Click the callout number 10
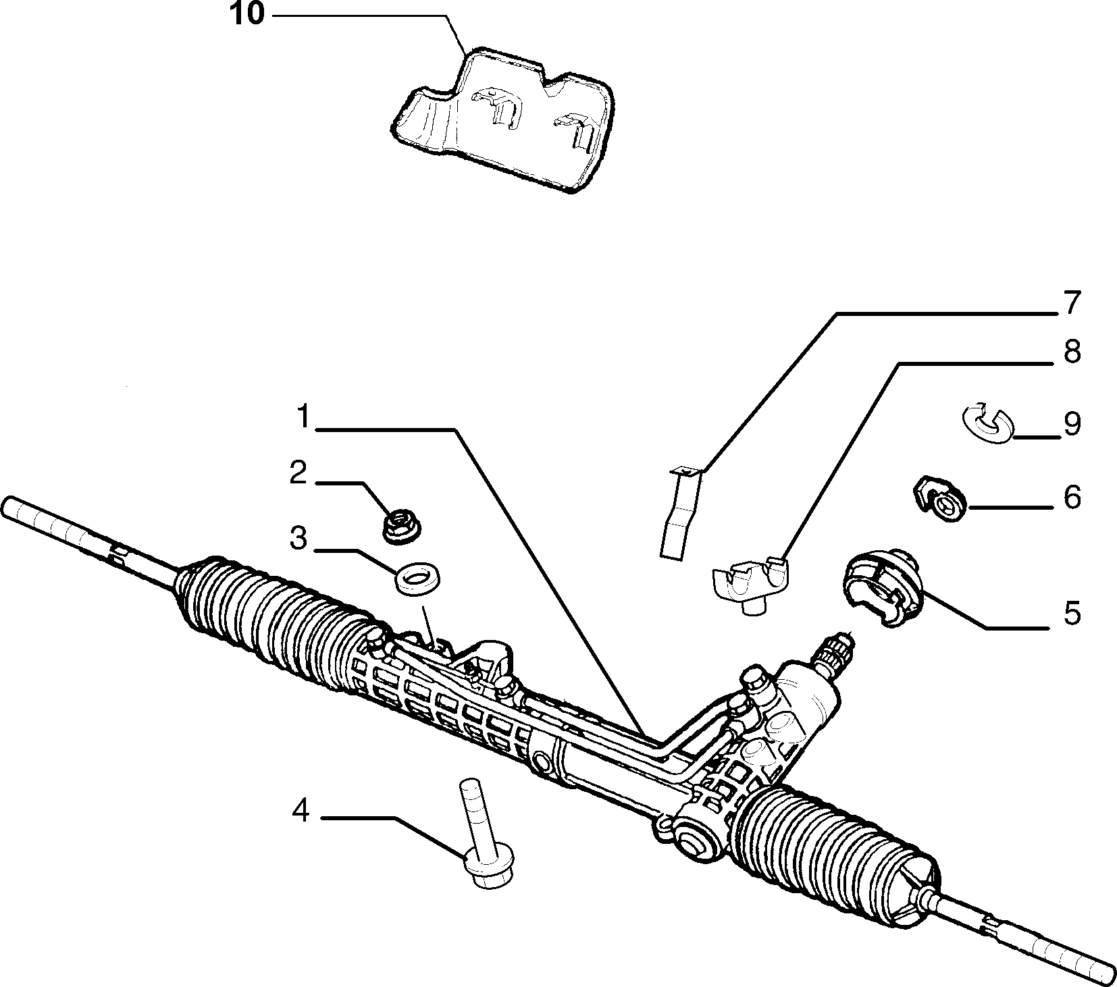click(247, 14)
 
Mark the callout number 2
click(298, 473)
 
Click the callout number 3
click(298, 538)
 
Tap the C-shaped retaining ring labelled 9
click(988, 424)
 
